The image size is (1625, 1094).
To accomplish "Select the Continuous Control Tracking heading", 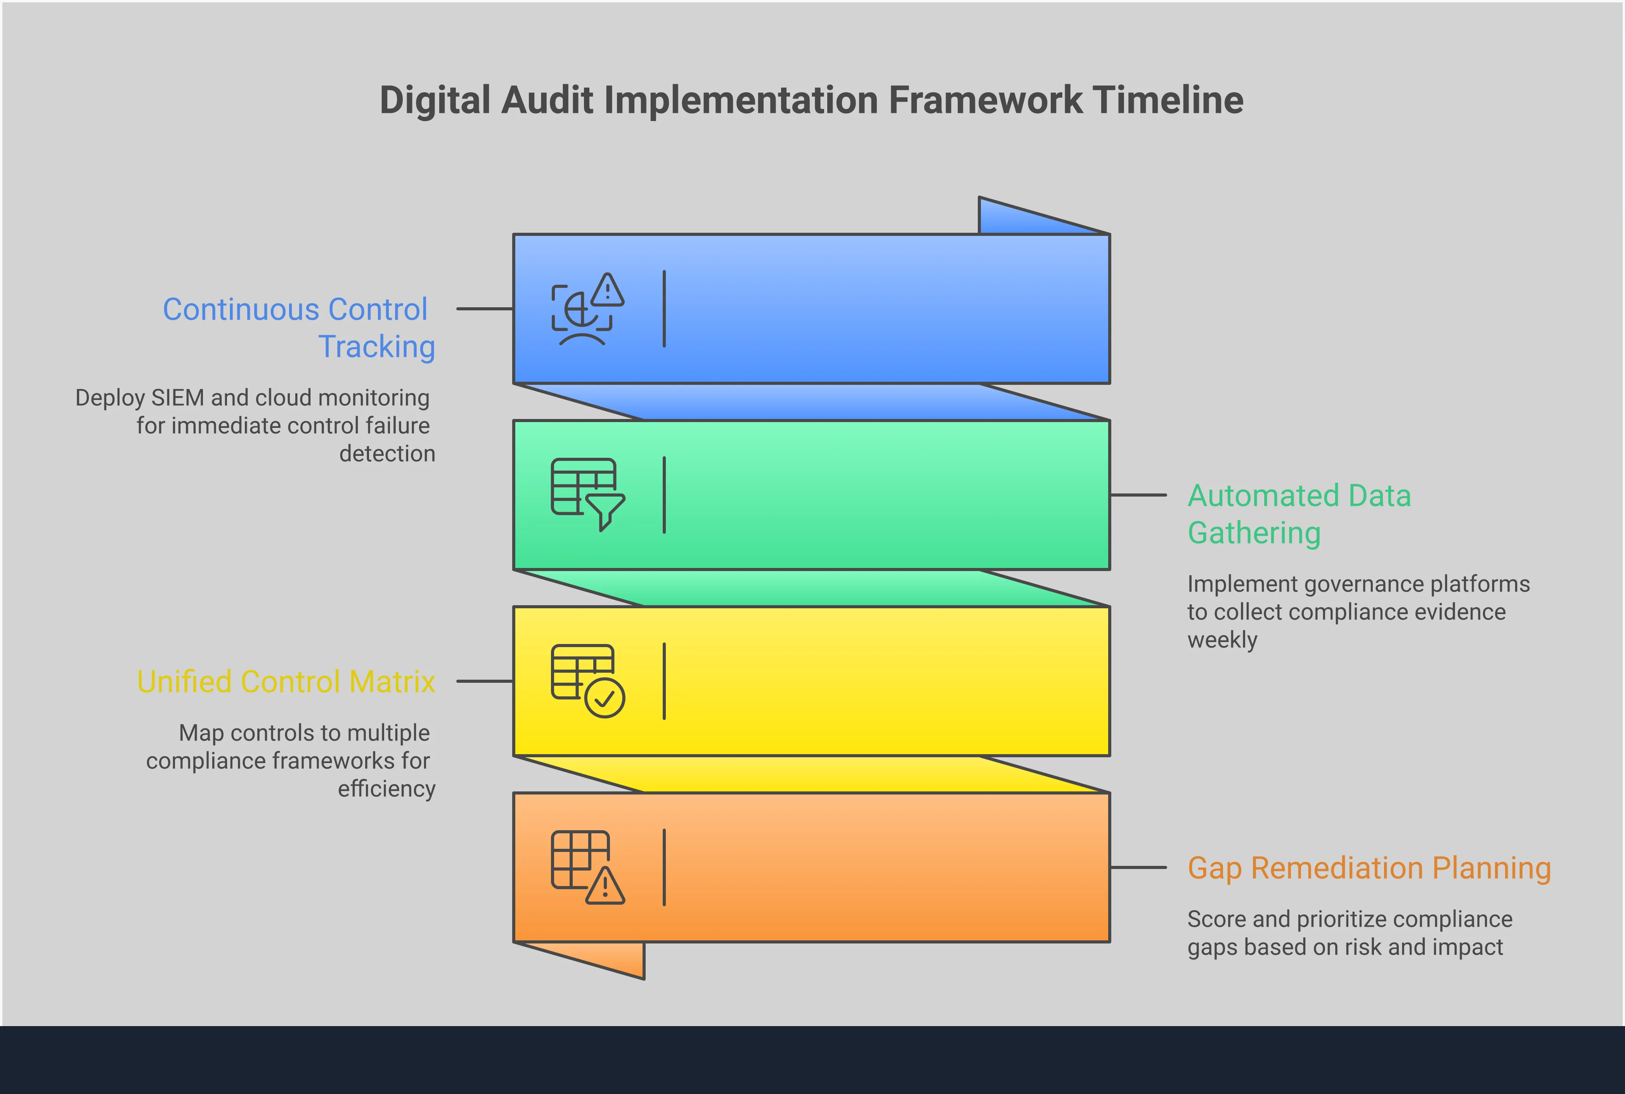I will (299, 327).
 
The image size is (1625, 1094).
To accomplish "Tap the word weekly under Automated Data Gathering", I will (1222, 640).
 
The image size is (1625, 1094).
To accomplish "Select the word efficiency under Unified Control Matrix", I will (386, 788).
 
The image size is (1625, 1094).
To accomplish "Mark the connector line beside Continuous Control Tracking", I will (484, 308).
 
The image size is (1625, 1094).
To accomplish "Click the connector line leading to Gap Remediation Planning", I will (1137, 867).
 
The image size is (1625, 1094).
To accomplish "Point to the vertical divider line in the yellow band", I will (664, 680).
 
